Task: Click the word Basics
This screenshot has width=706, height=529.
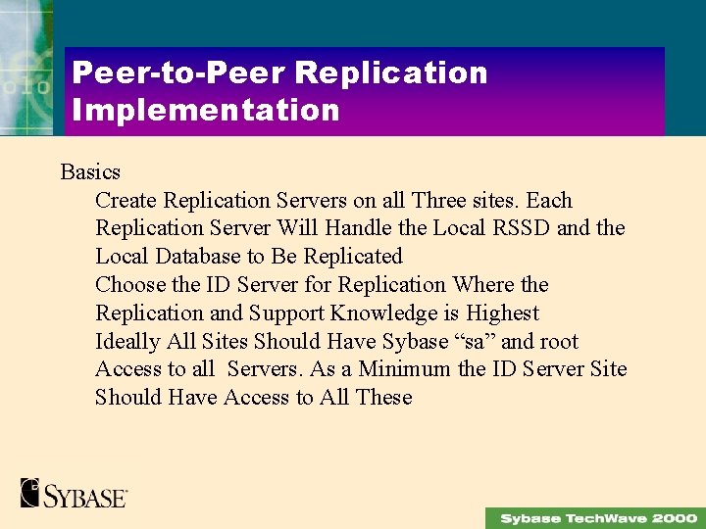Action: point(90,172)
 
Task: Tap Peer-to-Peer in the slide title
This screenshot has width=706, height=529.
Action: point(177,72)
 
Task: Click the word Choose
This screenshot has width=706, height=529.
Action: point(130,285)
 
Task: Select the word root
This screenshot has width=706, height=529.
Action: point(559,342)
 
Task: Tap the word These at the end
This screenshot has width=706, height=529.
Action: point(384,398)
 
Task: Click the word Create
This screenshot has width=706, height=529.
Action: point(126,201)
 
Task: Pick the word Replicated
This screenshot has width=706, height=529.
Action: point(353,257)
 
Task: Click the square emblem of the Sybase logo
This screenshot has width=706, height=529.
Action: point(30,492)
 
